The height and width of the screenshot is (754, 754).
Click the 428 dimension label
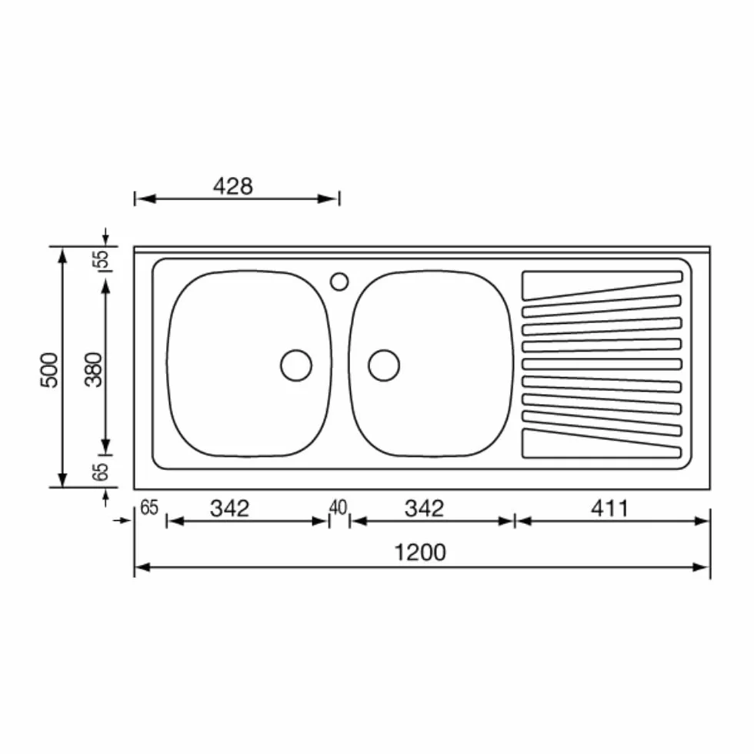(232, 186)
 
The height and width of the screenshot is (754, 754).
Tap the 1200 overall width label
(420, 552)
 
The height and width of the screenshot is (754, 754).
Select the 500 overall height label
(49, 370)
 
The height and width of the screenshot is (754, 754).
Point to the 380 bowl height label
(94, 370)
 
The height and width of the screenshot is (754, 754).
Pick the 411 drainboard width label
(609, 509)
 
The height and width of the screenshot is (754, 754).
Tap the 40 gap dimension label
(338, 507)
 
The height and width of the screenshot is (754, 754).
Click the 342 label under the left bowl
(229, 509)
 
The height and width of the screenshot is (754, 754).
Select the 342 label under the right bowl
(424, 509)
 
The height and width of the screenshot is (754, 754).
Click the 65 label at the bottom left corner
(149, 508)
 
